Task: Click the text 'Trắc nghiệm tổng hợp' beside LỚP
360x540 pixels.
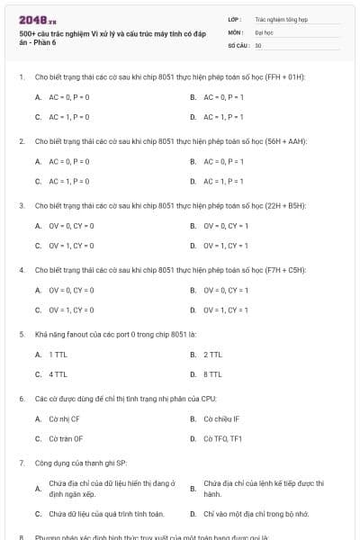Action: point(281,18)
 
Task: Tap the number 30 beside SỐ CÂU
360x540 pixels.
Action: point(258,45)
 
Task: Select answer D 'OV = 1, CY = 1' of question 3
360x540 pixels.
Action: point(226,245)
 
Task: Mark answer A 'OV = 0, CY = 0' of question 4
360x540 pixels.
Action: point(71,290)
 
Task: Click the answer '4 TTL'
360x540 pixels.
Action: point(58,373)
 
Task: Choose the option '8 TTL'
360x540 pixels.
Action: point(212,373)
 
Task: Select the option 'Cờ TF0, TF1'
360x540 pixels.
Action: point(222,438)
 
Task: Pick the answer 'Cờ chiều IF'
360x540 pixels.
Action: point(221,418)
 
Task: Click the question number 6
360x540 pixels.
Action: point(21,398)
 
